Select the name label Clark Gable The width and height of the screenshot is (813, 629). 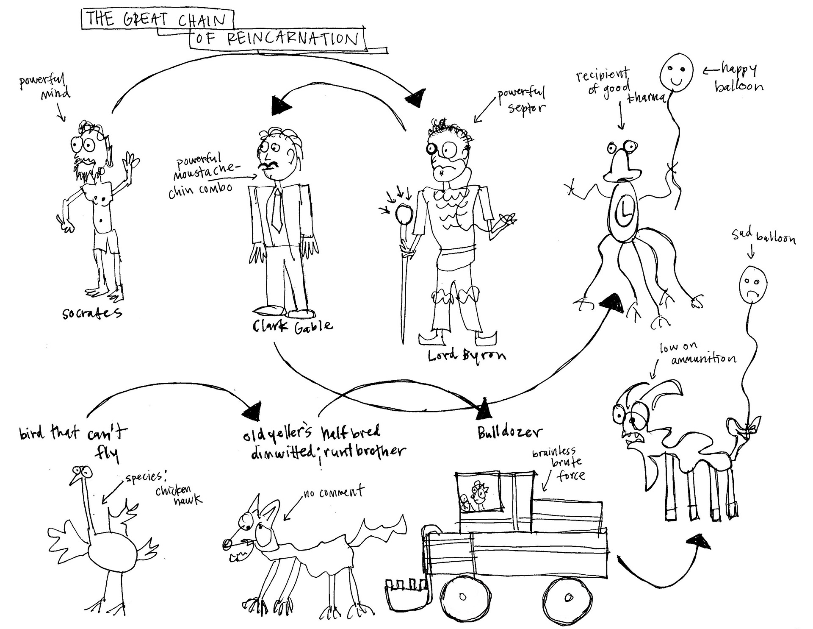click(293, 326)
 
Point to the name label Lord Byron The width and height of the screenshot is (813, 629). click(466, 355)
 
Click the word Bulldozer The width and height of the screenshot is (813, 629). click(509, 433)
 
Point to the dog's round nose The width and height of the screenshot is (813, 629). click(228, 543)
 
